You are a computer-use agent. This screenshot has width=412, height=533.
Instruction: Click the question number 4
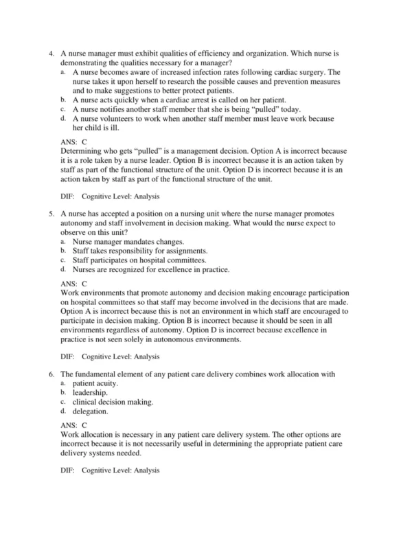tap(51, 53)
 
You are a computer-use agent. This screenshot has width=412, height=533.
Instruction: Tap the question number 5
tap(51, 214)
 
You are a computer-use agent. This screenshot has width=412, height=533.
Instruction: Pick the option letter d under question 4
tap(63, 118)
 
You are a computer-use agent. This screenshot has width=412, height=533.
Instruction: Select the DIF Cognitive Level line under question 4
tap(110, 196)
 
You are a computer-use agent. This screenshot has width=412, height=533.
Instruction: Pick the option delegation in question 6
tap(90, 411)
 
